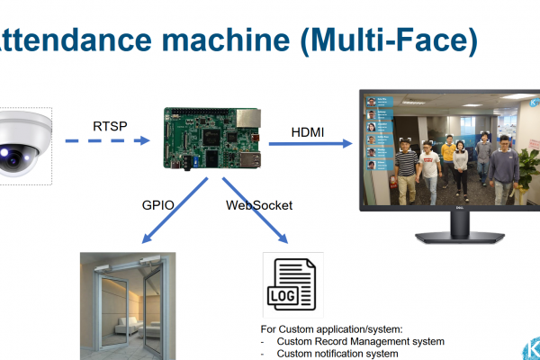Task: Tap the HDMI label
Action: pyautogui.click(x=308, y=132)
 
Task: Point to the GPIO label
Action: pyautogui.click(x=157, y=204)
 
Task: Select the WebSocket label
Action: pyautogui.click(x=259, y=205)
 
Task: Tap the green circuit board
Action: pyautogui.click(x=213, y=139)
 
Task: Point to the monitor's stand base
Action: pyautogui.click(x=448, y=236)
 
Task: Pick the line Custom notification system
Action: pyautogui.click(x=337, y=353)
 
